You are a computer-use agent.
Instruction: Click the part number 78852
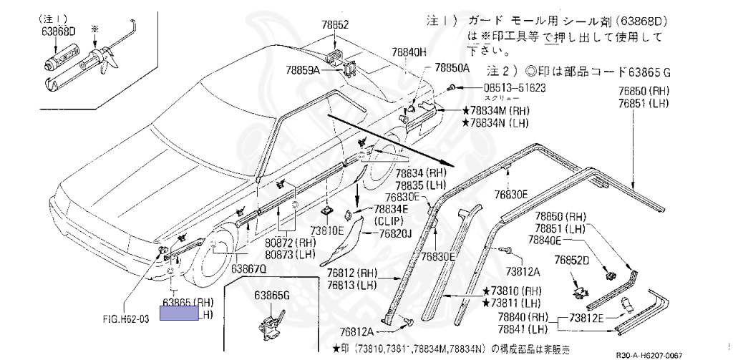click(x=334, y=25)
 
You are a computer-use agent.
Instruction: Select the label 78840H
click(x=409, y=52)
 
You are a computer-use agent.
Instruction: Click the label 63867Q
click(x=248, y=269)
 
